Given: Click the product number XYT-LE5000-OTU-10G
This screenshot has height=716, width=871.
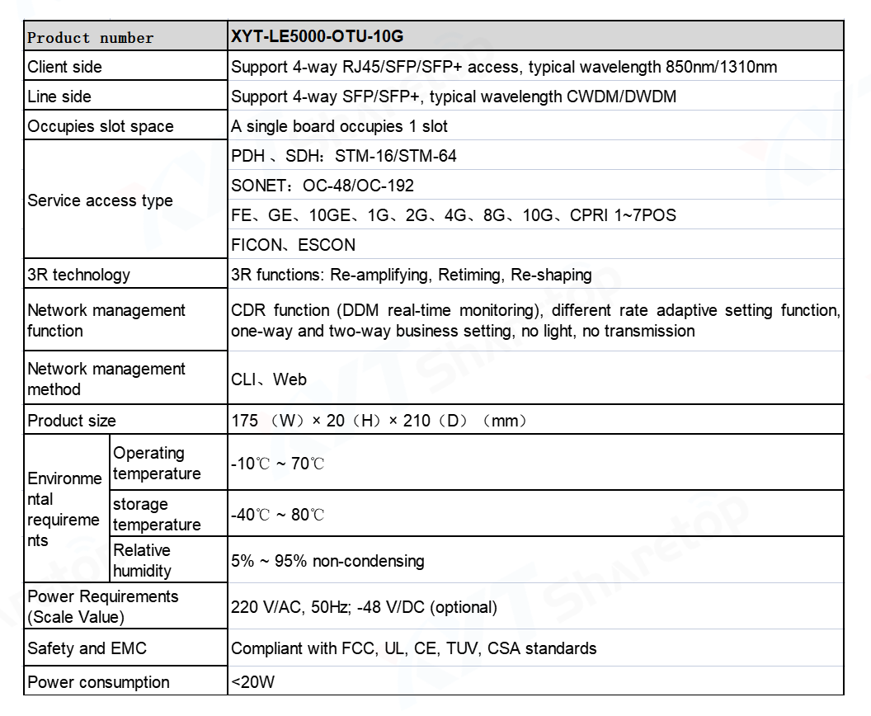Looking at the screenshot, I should click(x=318, y=37).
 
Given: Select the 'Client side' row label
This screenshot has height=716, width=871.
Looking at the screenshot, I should click(x=65, y=67).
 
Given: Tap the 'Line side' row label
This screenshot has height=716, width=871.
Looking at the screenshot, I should click(x=59, y=97).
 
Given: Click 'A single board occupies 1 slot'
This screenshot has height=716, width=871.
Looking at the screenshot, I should click(x=340, y=126).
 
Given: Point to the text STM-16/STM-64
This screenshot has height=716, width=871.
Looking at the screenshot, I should click(x=396, y=156).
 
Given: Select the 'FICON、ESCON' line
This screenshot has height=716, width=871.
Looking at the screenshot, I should click(x=294, y=245).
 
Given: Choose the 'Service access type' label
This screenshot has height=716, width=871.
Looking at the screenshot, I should click(x=100, y=200).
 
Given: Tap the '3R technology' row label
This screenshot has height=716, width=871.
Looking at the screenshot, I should click(x=78, y=275).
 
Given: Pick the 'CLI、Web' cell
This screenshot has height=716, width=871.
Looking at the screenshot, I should click(x=269, y=379).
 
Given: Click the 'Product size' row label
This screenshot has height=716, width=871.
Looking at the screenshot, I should click(x=72, y=421).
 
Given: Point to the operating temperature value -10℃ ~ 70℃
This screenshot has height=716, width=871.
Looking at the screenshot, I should click(x=278, y=464).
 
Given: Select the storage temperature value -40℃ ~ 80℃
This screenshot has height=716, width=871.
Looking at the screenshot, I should click(x=278, y=515).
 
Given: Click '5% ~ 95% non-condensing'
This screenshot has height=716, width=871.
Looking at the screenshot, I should click(x=327, y=561).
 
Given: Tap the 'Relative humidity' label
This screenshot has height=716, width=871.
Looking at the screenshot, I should click(x=142, y=560).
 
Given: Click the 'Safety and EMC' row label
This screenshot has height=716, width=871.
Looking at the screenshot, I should click(x=87, y=648).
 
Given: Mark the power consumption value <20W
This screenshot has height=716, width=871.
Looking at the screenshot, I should click(x=254, y=682).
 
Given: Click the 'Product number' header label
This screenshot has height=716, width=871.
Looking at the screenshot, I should click(x=91, y=38).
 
